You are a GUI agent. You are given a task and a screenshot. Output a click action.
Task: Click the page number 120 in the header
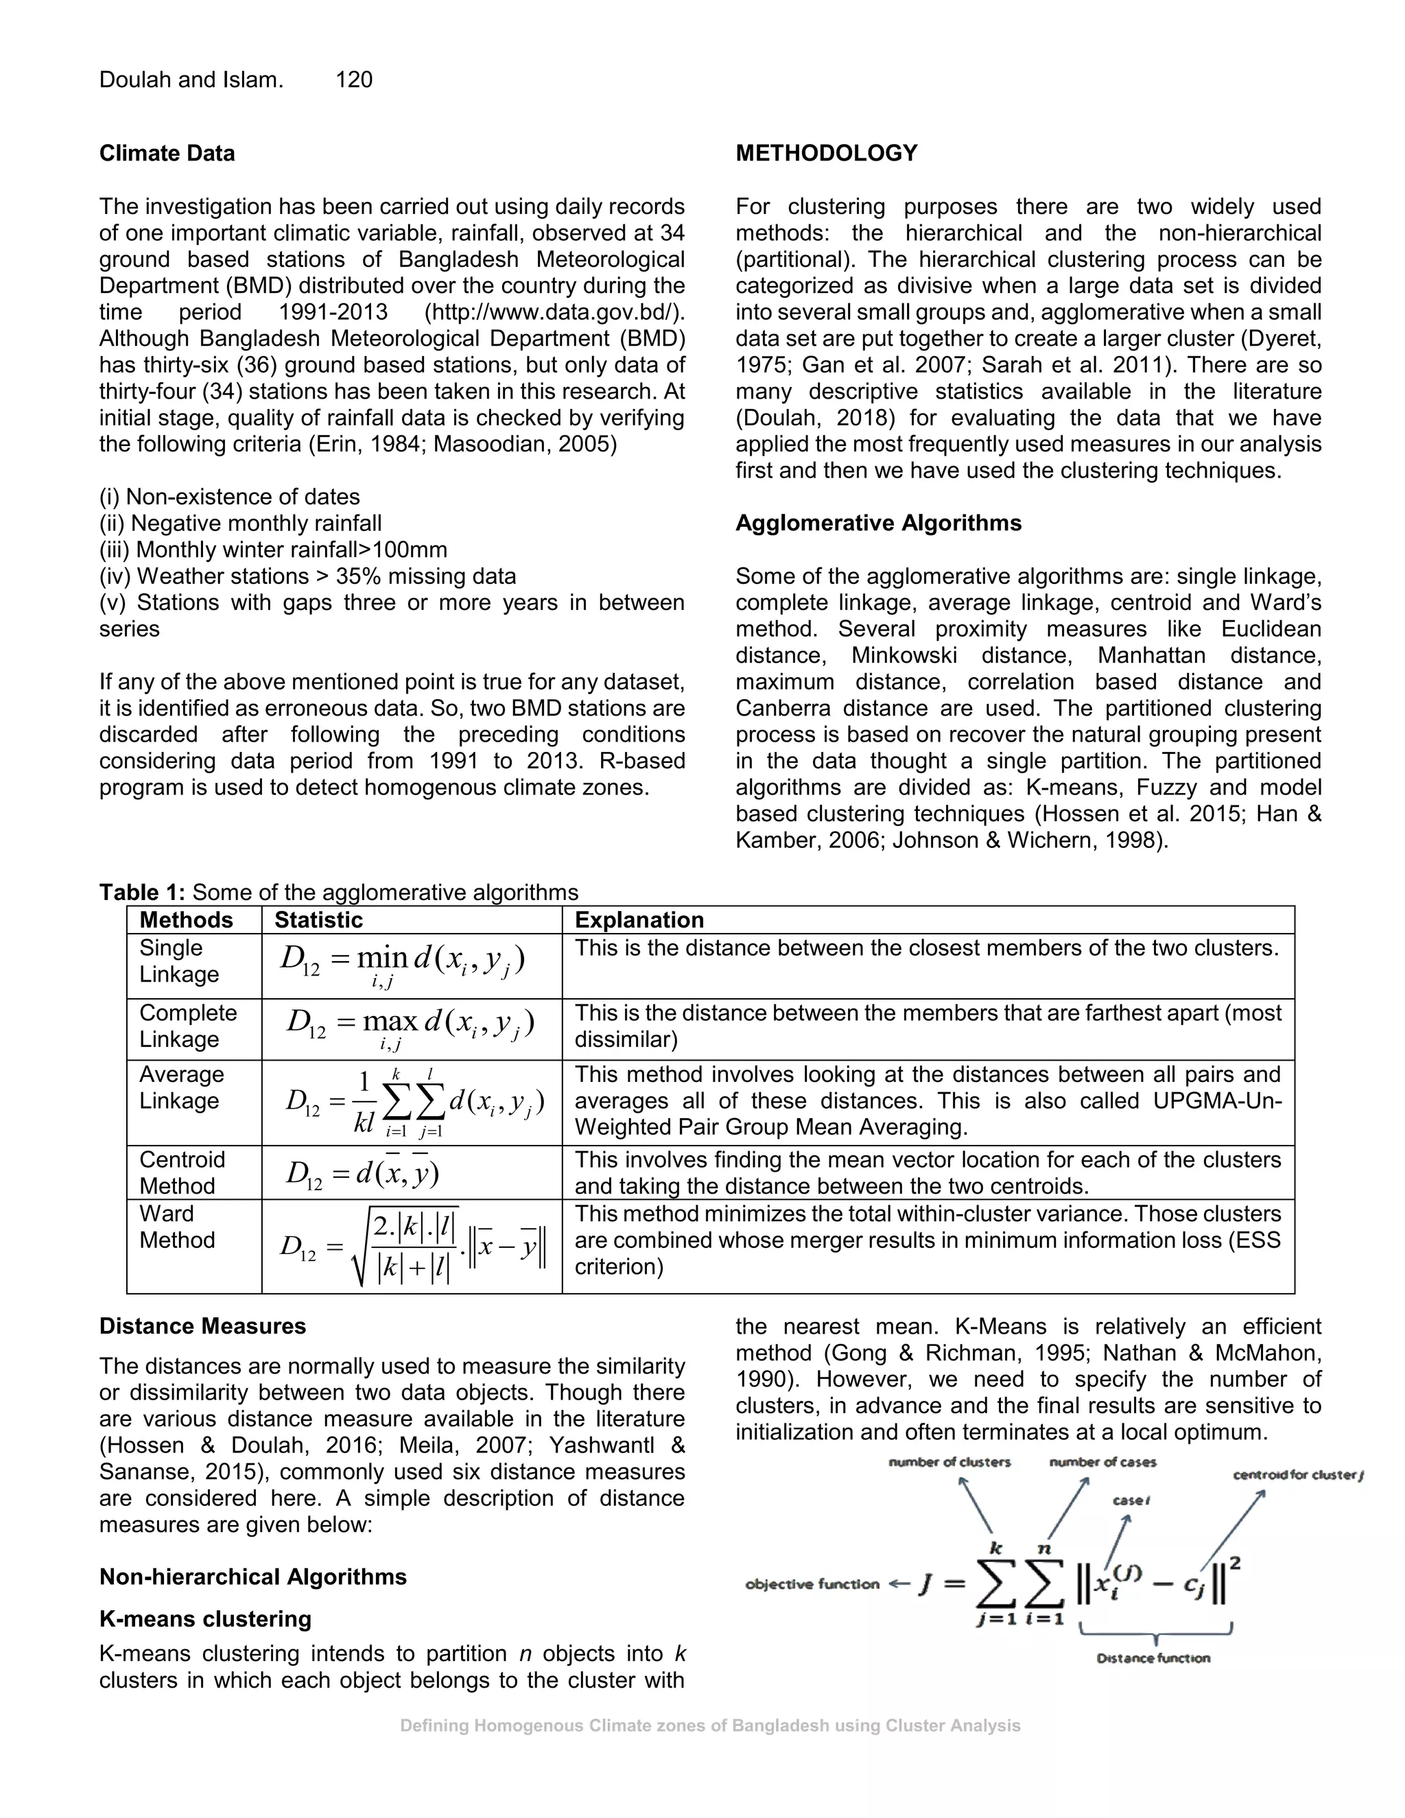click(354, 80)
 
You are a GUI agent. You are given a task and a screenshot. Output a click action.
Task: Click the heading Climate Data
click(167, 153)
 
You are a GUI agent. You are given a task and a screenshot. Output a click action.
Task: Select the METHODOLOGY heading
click(826, 153)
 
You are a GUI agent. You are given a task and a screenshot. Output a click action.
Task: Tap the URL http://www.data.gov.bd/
click(554, 312)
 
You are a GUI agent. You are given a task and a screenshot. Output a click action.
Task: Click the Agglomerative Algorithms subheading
click(878, 523)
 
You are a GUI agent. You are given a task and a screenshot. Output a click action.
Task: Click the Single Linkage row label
click(178, 960)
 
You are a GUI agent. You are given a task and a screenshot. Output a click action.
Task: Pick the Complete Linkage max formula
click(410, 1026)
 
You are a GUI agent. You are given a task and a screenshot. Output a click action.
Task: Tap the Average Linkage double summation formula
click(414, 1102)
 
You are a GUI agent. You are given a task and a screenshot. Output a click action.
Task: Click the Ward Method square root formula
click(414, 1245)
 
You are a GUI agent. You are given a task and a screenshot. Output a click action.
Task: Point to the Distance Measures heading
click(202, 1326)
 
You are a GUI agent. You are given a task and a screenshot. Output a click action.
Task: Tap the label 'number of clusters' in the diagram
click(949, 1463)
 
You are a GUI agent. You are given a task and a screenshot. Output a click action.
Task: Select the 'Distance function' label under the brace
click(1153, 1658)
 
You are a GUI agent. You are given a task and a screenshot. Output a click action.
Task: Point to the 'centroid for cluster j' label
click(1297, 1476)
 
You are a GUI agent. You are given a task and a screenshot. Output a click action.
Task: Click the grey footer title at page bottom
click(710, 1725)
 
